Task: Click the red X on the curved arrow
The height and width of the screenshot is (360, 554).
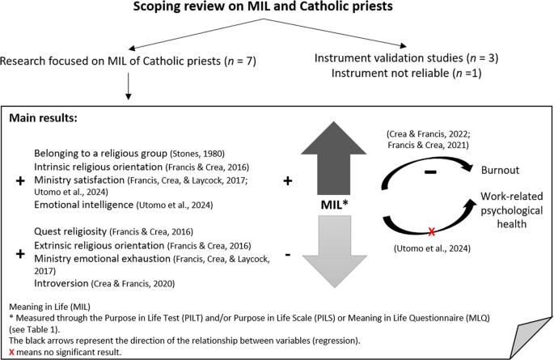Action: click(432, 232)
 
